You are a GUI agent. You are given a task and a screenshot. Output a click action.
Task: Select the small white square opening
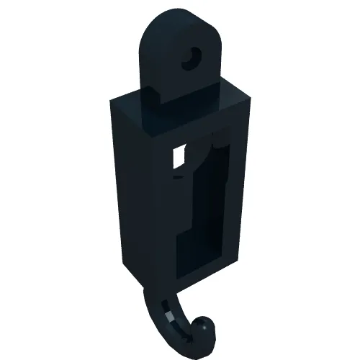point(179,156)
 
